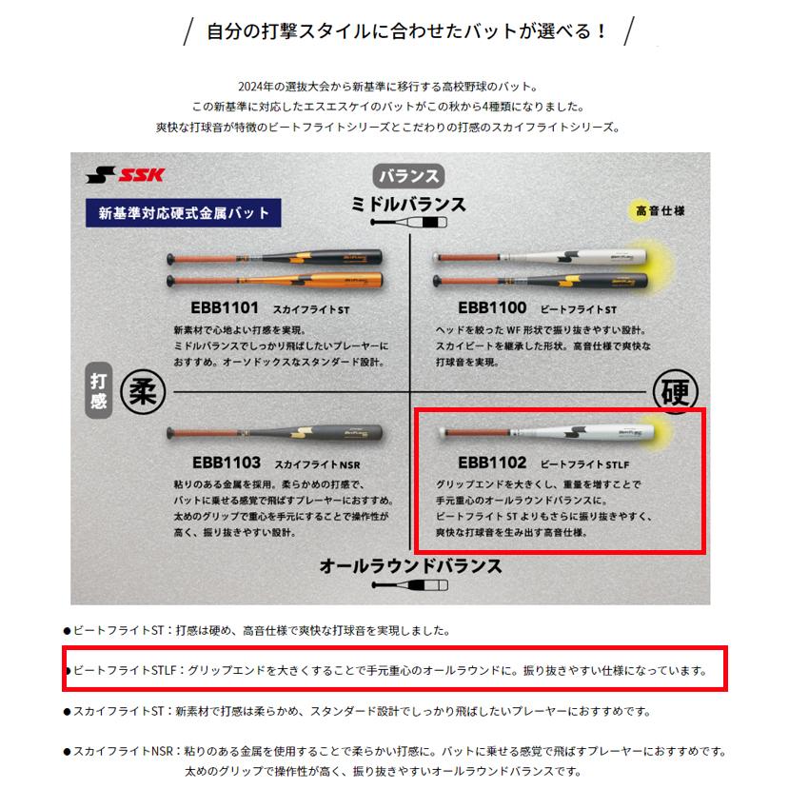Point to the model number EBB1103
click(226, 463)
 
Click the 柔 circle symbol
click(141, 390)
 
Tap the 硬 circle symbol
click(676, 390)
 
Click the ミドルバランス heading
click(408, 204)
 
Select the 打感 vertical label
click(98, 390)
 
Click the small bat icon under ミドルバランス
click(408, 223)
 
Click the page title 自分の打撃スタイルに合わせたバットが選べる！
click(407, 31)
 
